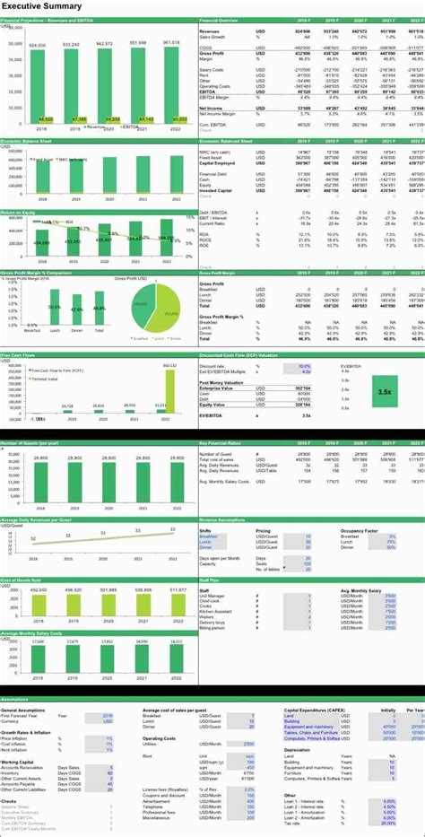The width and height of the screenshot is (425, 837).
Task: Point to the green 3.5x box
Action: pos(384,391)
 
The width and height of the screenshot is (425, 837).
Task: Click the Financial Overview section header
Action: pos(221,19)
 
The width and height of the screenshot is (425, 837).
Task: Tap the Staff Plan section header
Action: pos(210,582)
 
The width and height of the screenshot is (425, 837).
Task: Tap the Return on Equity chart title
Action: pos(17,212)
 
